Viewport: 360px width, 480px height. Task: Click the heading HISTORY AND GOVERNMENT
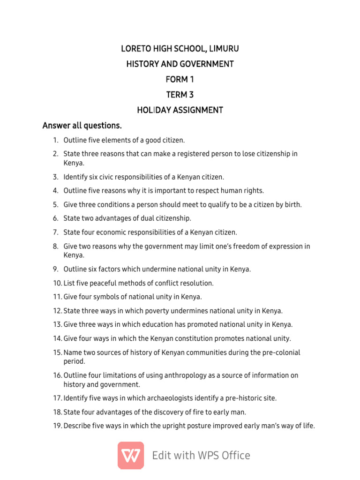(x=180, y=64)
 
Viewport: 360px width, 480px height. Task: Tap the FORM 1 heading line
(x=180, y=79)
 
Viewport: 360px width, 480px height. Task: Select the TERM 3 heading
(x=180, y=95)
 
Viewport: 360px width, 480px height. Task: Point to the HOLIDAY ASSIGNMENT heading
(x=180, y=110)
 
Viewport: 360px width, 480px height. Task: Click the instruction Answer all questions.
(x=82, y=126)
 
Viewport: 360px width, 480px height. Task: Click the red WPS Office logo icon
(x=131, y=455)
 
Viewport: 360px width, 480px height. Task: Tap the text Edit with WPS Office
(x=201, y=456)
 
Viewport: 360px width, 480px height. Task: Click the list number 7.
(x=55, y=232)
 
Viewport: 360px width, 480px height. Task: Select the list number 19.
(x=57, y=426)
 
